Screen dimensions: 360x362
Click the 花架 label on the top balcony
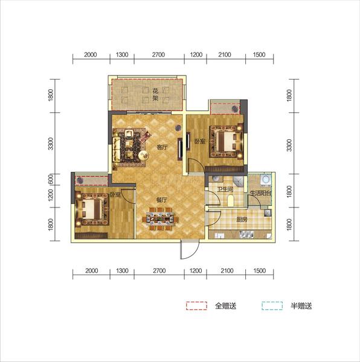click(155, 95)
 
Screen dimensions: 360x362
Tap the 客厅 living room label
click(162, 147)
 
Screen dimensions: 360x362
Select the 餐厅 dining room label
click(162, 200)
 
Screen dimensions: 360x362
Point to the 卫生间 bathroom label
click(225, 189)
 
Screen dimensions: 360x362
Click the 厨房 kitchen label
click(242, 220)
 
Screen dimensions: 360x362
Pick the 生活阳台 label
click(261, 193)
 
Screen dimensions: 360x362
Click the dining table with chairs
click(161, 218)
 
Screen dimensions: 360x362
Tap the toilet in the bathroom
click(231, 200)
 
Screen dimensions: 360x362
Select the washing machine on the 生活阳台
click(265, 180)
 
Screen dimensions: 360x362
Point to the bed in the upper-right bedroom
click(227, 142)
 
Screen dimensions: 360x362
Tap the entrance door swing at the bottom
click(190, 250)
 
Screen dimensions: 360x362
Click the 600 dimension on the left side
click(51, 179)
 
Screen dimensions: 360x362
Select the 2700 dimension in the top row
click(158, 55)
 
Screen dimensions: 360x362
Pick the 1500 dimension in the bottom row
click(260, 270)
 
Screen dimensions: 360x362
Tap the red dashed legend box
click(197, 306)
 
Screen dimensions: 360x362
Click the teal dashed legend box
click(272, 306)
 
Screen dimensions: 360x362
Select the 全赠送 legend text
click(226, 306)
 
